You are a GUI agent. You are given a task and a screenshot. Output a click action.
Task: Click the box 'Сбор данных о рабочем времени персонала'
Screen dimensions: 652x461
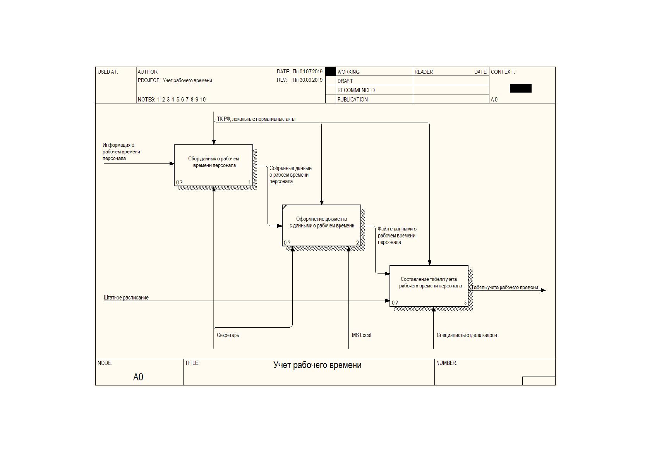pos(213,165)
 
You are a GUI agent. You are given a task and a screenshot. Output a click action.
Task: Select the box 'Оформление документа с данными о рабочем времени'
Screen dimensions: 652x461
pos(321,225)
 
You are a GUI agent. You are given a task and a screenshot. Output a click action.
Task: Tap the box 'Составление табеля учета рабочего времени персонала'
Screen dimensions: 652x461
pos(429,286)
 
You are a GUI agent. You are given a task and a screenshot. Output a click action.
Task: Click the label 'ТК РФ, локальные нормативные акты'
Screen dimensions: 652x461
pos(256,119)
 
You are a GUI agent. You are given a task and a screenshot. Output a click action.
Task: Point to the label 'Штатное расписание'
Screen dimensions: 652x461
pos(126,298)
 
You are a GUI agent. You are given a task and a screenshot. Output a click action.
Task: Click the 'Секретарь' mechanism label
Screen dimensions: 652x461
pos(228,335)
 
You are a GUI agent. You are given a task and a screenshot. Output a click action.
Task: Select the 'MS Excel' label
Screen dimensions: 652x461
pos(362,335)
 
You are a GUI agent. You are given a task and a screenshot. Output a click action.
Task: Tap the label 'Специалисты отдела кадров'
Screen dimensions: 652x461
pos(467,335)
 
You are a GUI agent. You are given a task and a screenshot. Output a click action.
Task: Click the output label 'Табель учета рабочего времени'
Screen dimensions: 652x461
pos(505,287)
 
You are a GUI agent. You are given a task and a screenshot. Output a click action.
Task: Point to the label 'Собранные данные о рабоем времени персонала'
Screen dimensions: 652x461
pos(290,175)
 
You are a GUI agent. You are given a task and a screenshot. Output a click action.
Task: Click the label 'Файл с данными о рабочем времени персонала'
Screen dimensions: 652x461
pos(397,236)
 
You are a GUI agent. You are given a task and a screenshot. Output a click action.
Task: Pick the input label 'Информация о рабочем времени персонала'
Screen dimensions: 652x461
pos(121,152)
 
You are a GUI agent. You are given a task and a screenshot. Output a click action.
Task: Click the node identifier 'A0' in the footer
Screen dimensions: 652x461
pos(138,377)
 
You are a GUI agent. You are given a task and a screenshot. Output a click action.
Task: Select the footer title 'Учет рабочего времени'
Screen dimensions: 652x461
pos(317,365)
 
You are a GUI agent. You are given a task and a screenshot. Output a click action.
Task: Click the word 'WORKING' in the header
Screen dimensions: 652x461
pos(348,72)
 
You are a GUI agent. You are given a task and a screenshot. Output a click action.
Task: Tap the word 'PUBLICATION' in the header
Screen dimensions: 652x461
pos(352,100)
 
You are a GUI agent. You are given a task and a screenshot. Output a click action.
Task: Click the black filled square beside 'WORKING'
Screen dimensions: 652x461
pos(330,71)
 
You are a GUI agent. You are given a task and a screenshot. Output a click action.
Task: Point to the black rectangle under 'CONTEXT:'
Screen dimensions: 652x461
pos(520,88)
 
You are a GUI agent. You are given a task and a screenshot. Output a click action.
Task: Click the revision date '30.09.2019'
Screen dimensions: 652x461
pos(311,80)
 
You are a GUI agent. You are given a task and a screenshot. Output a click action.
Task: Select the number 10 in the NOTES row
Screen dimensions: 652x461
pos(203,100)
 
